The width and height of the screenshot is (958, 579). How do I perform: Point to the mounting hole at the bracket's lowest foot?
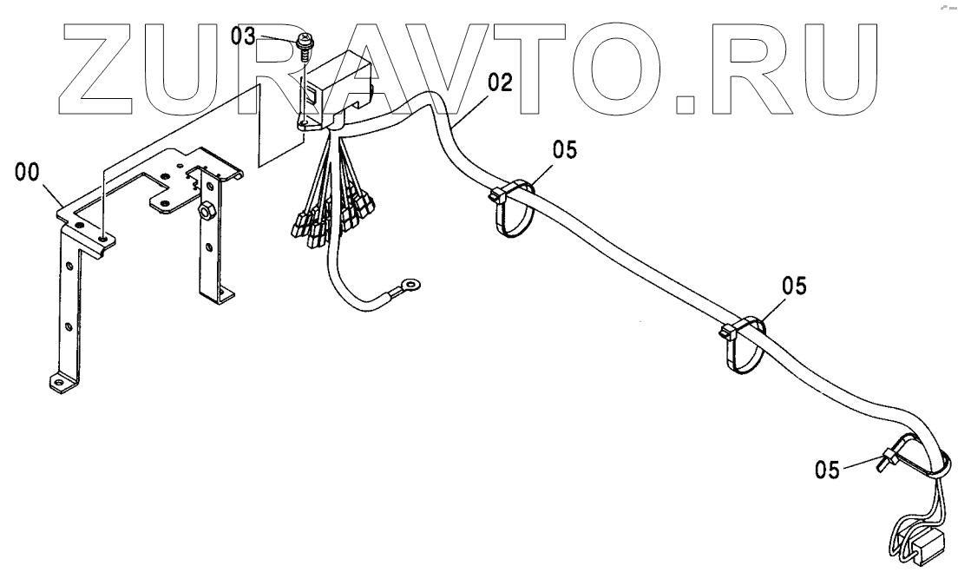(x=59, y=379)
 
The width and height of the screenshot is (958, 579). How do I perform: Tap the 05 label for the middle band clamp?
(x=793, y=284)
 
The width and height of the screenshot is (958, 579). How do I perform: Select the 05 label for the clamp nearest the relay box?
(x=564, y=149)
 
